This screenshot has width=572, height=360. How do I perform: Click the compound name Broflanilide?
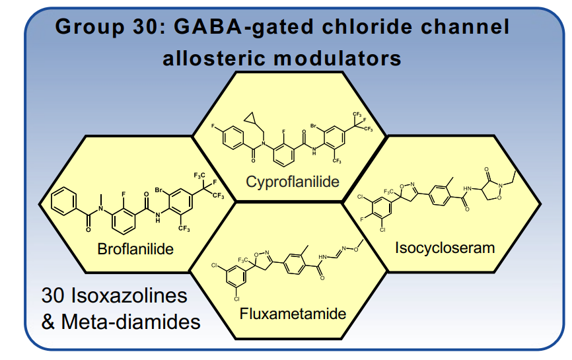click(x=135, y=249)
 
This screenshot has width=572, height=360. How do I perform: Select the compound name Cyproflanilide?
click(x=293, y=182)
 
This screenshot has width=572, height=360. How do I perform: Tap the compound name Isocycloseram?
click(x=445, y=248)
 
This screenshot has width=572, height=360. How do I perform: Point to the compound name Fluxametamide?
click(x=293, y=314)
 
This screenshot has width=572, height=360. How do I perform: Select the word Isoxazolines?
click(x=129, y=295)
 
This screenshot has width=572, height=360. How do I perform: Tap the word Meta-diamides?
click(x=131, y=322)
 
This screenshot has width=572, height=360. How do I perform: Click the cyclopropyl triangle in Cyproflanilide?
click(x=250, y=118)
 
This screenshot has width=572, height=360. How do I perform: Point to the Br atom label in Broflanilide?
click(x=159, y=190)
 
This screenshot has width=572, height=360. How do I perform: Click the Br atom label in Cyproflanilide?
click(x=313, y=126)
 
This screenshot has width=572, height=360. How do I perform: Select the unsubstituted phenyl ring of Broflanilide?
click(x=64, y=201)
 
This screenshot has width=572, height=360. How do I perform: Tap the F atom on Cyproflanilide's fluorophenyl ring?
click(x=213, y=126)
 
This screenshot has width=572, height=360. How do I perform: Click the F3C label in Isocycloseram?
click(x=388, y=192)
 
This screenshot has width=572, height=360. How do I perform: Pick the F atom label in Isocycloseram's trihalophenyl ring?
click(x=362, y=219)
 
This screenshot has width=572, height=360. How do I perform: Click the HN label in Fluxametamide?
click(x=322, y=257)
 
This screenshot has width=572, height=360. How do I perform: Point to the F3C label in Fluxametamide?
click(x=242, y=260)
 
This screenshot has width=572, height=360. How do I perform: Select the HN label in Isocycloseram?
click(x=467, y=188)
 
